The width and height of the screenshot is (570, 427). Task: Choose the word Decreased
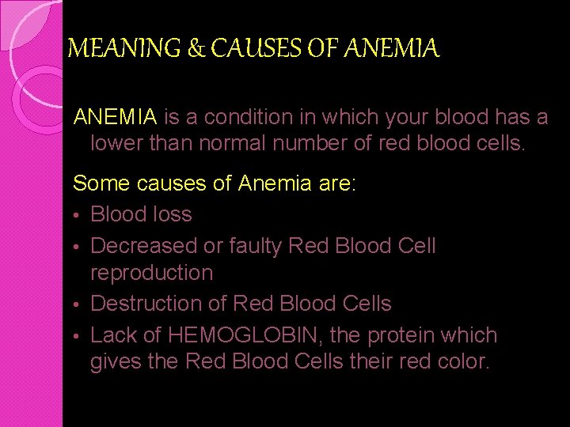coord(144,246)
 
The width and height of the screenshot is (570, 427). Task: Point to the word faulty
coord(256,246)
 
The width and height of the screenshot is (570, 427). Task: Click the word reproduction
coord(152,274)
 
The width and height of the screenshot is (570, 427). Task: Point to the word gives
coord(116,363)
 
